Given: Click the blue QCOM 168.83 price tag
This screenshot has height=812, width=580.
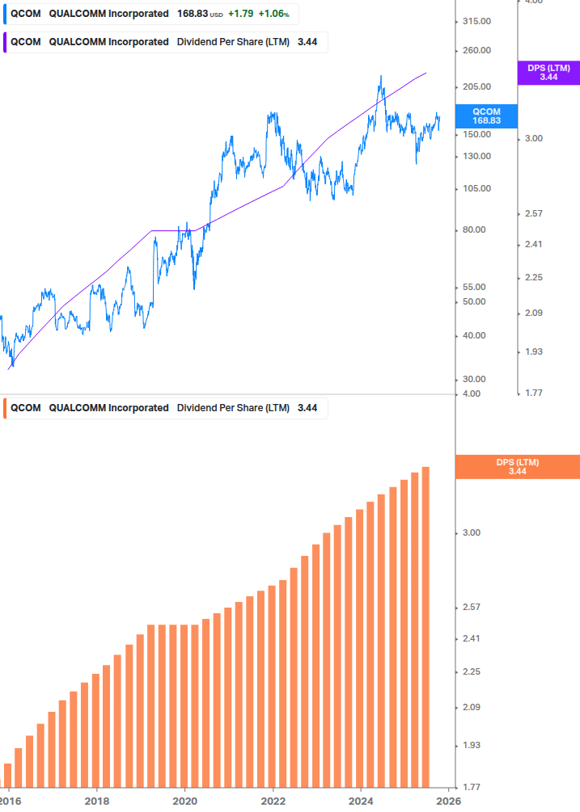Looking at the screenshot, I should pos(486,116).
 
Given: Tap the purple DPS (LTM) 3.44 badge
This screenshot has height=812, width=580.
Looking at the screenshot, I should pos(548,73).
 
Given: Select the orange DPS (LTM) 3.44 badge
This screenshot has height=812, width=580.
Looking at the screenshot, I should pos(517,467).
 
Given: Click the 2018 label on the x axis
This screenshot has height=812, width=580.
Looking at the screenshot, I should pos(96,800).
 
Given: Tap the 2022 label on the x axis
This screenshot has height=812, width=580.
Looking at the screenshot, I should pos(273,800).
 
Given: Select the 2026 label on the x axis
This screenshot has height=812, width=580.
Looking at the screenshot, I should pos(449,800).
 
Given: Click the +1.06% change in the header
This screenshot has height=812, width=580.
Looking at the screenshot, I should pos(273,14).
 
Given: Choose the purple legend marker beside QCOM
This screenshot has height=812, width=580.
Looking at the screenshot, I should pos(5,42).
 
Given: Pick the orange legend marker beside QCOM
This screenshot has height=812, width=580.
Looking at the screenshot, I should pos(5,408).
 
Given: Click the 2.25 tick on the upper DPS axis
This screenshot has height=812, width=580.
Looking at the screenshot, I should pos(534,278).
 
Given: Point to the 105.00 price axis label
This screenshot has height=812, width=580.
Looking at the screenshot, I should pos(475,189).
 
